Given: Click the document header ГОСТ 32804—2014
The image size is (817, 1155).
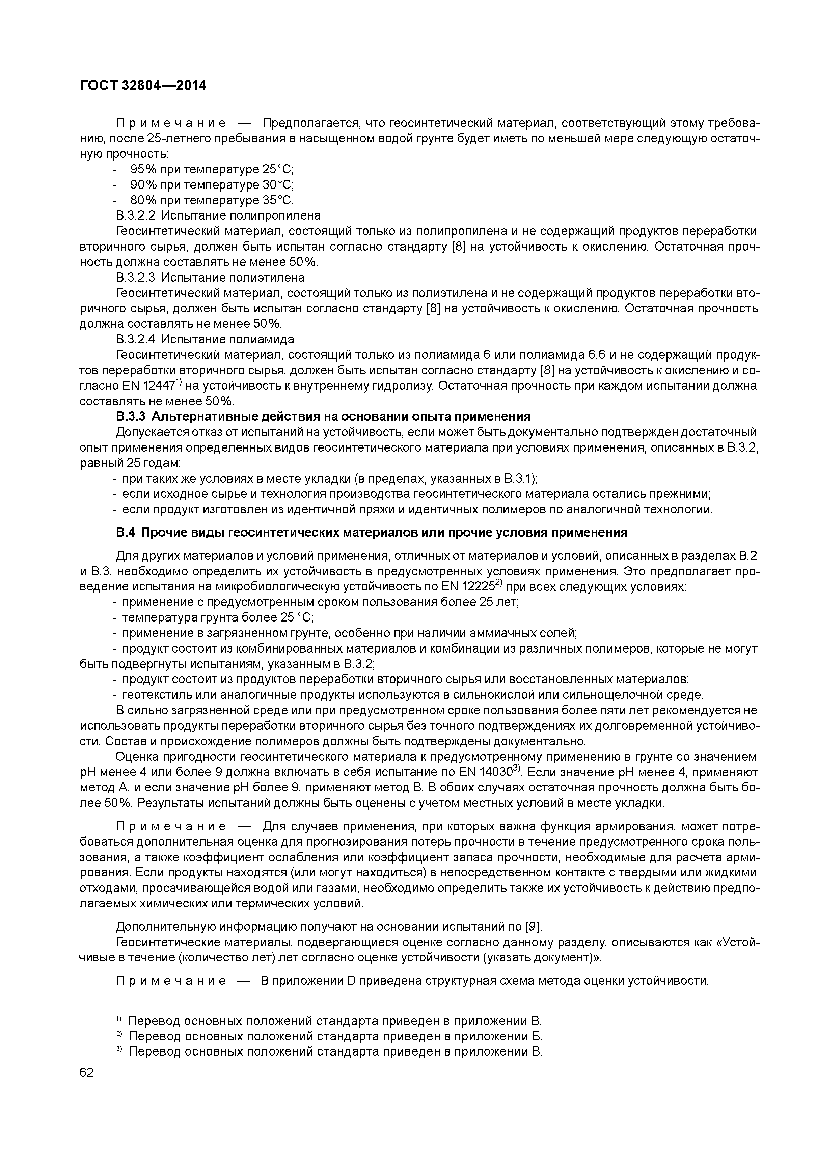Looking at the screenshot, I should [x=143, y=86].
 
